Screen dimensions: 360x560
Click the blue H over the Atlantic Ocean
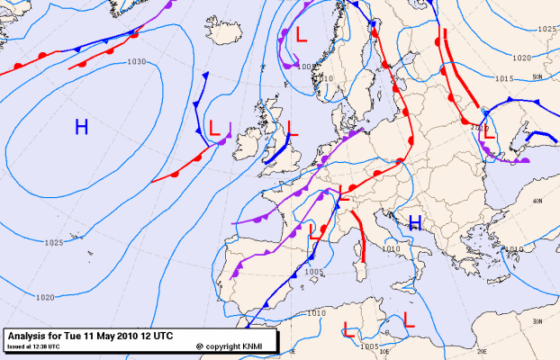(x=81, y=128)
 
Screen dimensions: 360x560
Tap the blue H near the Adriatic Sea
(x=415, y=222)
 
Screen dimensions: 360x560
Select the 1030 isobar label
(x=137, y=62)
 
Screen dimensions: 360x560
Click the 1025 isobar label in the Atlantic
(x=53, y=242)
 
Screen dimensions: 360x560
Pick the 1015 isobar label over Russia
(x=504, y=78)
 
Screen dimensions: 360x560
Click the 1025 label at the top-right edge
(x=546, y=30)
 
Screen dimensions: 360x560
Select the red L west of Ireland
(x=214, y=128)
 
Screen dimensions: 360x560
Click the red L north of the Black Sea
(x=490, y=142)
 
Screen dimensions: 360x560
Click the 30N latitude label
(x=538, y=321)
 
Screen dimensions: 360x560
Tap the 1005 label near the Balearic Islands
(x=314, y=271)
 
